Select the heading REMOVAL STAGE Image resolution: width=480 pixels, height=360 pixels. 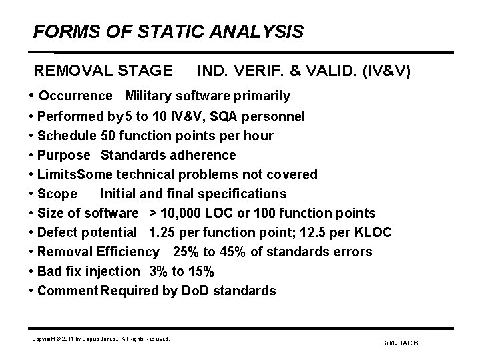tap(103, 71)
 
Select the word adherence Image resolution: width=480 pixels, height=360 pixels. tap(204, 156)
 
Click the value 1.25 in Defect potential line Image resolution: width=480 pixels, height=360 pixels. tap(162, 233)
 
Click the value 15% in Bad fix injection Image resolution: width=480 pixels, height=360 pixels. tap(200, 272)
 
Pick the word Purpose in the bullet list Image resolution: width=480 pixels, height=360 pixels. tap(63, 156)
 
